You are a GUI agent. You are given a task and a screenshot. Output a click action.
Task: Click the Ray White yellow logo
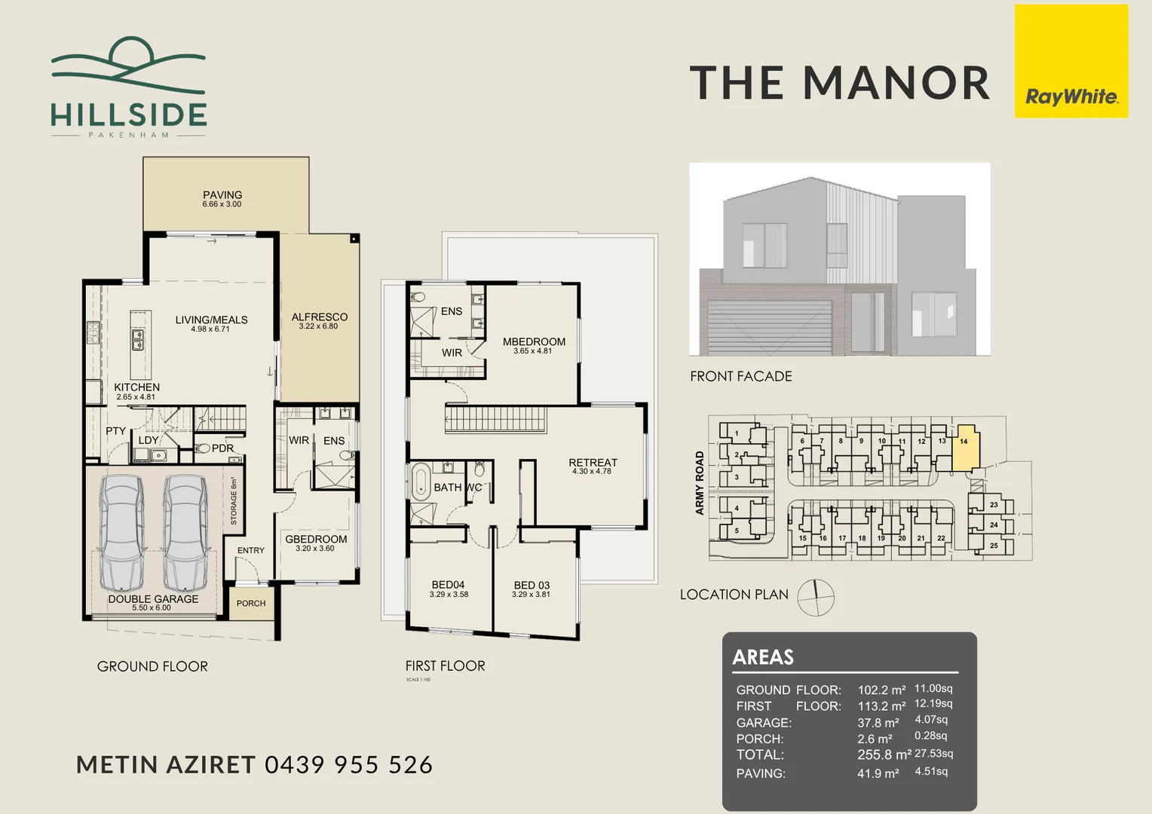click(x=1071, y=62)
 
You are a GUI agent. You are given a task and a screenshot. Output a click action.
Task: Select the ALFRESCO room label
click(x=320, y=318)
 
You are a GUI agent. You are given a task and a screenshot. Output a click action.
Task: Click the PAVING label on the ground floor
click(x=222, y=195)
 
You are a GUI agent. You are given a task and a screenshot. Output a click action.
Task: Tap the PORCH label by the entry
click(x=251, y=604)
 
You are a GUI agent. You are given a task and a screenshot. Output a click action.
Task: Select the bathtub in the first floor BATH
click(x=420, y=482)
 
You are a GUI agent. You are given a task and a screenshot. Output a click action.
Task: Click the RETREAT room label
click(x=593, y=463)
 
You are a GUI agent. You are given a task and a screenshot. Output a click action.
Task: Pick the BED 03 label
click(x=532, y=586)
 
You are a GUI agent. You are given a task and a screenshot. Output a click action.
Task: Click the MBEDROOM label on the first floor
click(x=534, y=342)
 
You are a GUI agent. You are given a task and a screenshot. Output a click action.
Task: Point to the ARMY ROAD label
click(x=700, y=483)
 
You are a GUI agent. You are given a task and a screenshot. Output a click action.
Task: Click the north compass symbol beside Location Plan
click(x=816, y=598)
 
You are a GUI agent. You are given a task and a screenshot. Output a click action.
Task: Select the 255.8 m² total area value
click(x=884, y=754)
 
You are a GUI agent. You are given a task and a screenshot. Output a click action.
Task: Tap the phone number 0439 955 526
click(x=348, y=765)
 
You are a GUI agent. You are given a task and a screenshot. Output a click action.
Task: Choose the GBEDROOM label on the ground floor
click(x=316, y=540)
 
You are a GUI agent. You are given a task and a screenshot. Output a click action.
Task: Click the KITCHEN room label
click(x=136, y=387)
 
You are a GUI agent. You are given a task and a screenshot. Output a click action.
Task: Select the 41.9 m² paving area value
click(x=878, y=773)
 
